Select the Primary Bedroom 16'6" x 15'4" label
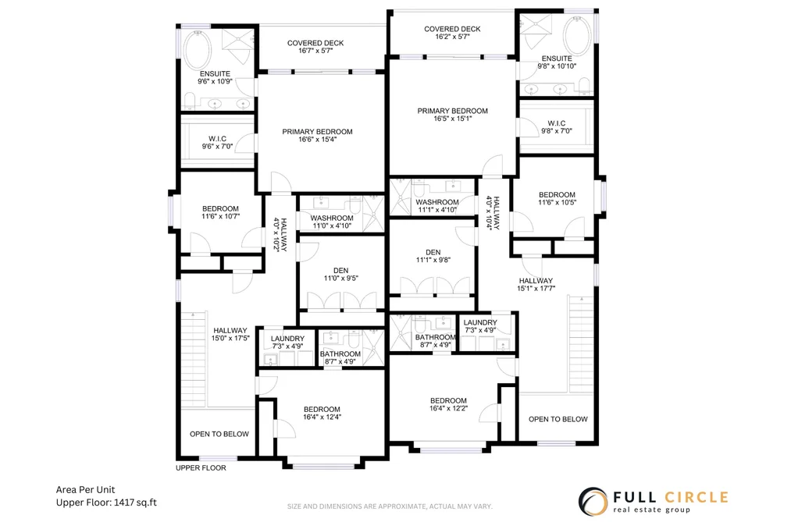pyautogui.click(x=317, y=136)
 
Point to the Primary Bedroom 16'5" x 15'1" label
pyautogui.click(x=453, y=115)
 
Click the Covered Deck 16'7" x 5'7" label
pyautogui.click(x=315, y=47)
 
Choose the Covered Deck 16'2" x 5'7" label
pyautogui.click(x=452, y=33)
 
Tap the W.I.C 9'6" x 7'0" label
pyautogui.click(x=217, y=143)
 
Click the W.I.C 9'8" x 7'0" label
pyautogui.click(x=557, y=127)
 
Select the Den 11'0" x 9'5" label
pyautogui.click(x=341, y=274)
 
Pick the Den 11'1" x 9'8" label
pyautogui.click(x=433, y=256)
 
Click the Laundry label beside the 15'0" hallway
pyautogui.click(x=287, y=339)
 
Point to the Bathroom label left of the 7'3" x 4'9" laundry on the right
pyautogui.click(x=436, y=337)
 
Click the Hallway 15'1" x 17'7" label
pyautogui.click(x=536, y=285)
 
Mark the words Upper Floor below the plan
pyautogui.click(x=201, y=468)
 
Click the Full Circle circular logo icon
pyautogui.click(x=593, y=502)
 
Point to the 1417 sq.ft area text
pyautogui.click(x=135, y=502)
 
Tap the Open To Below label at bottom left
pyautogui.click(x=219, y=434)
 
